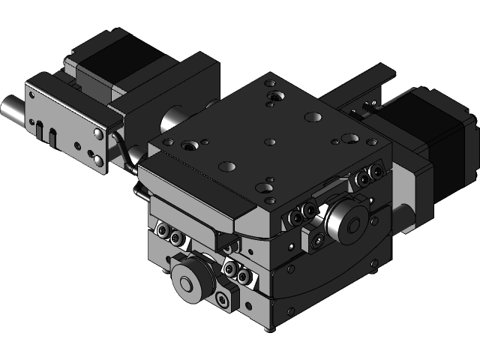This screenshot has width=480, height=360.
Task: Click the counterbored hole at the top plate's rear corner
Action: (275, 97)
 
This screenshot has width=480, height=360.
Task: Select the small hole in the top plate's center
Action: (271, 141)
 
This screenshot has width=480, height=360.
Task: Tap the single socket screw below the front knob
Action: (222, 301)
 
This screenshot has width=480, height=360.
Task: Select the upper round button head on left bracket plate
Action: (97, 133)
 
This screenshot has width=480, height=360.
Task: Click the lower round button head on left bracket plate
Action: (98, 160)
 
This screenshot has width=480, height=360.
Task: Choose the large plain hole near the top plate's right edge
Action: (349, 139)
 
